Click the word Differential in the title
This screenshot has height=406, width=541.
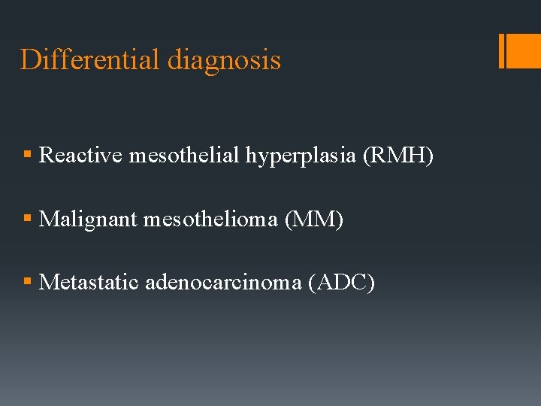click(90, 59)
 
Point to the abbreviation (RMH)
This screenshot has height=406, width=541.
click(398, 156)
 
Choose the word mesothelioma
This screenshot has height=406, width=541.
click(210, 220)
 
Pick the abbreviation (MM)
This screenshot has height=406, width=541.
click(314, 220)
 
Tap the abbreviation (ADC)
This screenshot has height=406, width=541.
click(341, 283)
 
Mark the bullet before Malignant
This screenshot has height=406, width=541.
click(27, 220)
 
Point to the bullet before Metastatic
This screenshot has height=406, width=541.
click(27, 283)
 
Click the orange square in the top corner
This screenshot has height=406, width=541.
click(524, 51)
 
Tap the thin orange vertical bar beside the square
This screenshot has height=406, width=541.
click(501, 51)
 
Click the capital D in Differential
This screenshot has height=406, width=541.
click(29, 59)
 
